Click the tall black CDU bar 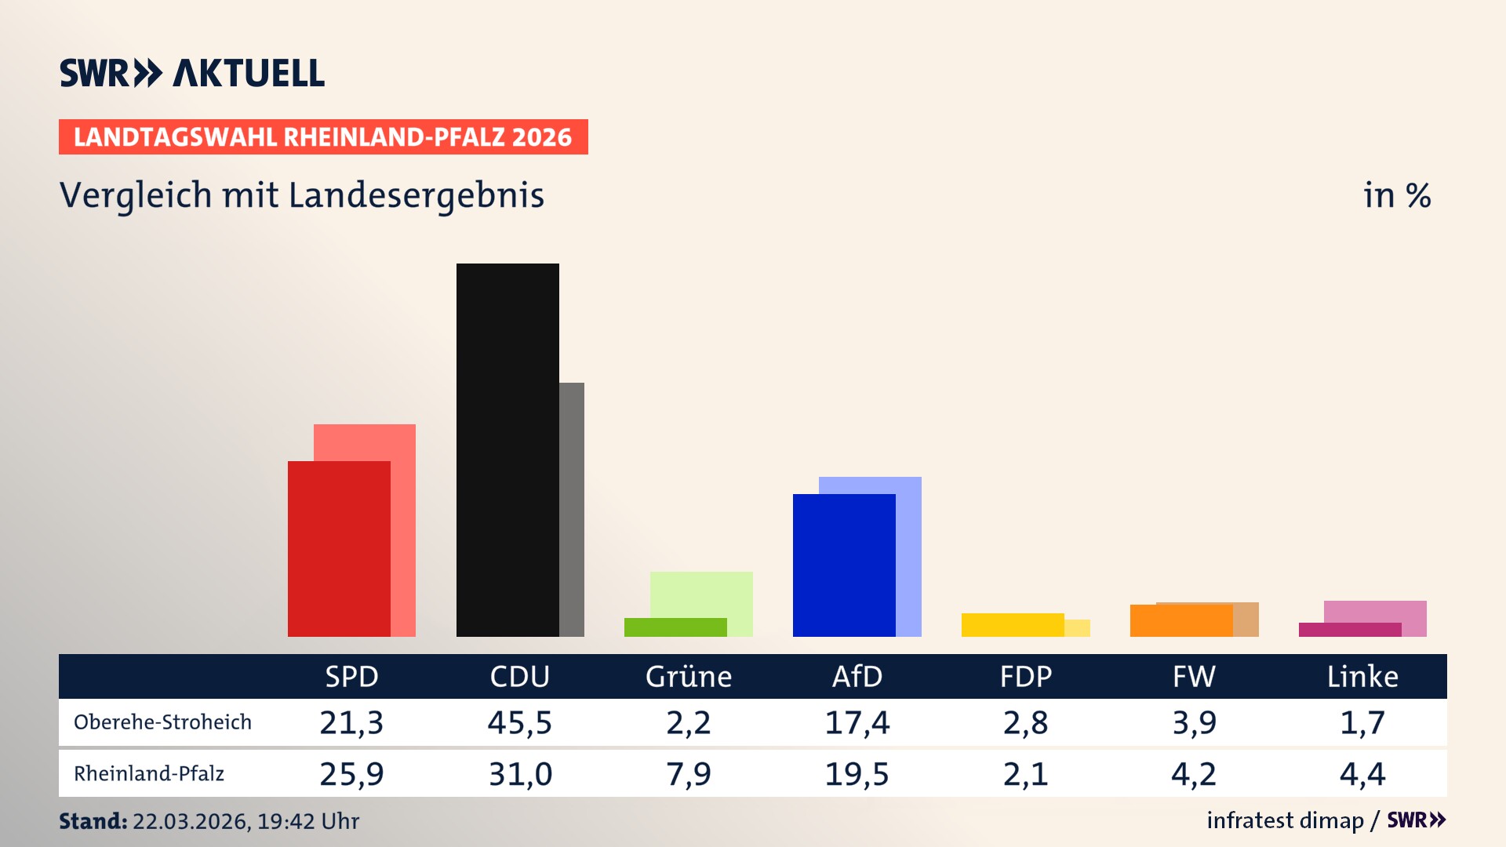click(507, 449)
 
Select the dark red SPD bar click(339, 549)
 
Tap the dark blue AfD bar click(844, 565)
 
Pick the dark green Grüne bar click(675, 627)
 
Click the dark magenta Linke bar click(1349, 630)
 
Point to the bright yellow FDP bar click(1012, 625)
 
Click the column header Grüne click(688, 677)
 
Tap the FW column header click(1194, 677)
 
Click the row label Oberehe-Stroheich click(162, 722)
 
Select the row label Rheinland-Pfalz click(149, 774)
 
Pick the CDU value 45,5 click(520, 722)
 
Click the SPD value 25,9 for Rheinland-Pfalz click(351, 774)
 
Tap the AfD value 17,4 click(857, 722)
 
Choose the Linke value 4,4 click(1362, 774)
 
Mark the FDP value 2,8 click(1025, 722)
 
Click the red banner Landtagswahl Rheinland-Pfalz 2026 click(323, 137)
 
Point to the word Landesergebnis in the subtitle click(416, 195)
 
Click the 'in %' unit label click(1396, 195)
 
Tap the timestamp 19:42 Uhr click(307, 821)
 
